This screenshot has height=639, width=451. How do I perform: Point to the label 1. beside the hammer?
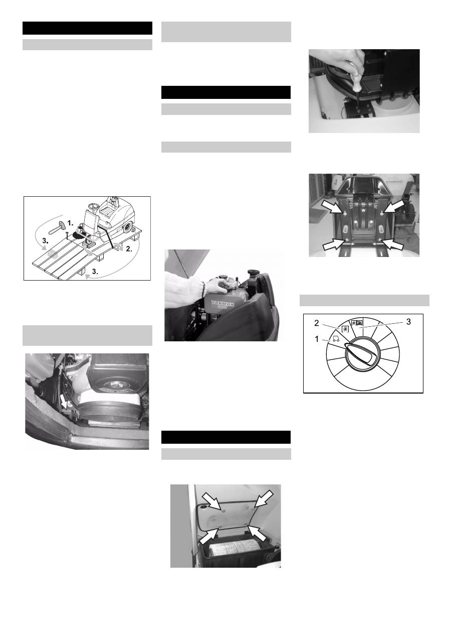click(70, 223)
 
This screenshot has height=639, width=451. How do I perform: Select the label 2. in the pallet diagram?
click(129, 249)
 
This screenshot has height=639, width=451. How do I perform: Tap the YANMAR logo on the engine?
click(222, 304)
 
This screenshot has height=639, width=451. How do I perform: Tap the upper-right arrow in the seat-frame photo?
click(393, 206)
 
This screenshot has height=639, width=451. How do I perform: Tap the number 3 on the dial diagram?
click(408, 322)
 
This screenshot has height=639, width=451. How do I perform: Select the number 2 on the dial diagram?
click(317, 323)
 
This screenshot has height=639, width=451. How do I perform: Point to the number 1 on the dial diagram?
click(317, 339)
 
